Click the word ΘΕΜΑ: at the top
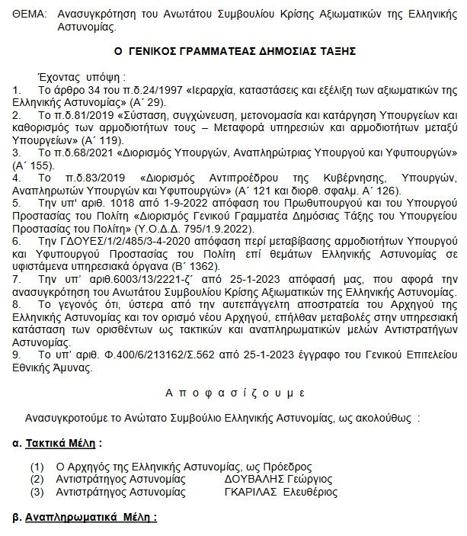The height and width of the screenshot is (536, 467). pos(19,14)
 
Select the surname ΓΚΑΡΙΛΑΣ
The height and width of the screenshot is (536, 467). pos(253,492)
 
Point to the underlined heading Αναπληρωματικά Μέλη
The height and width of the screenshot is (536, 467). pos(89,517)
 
